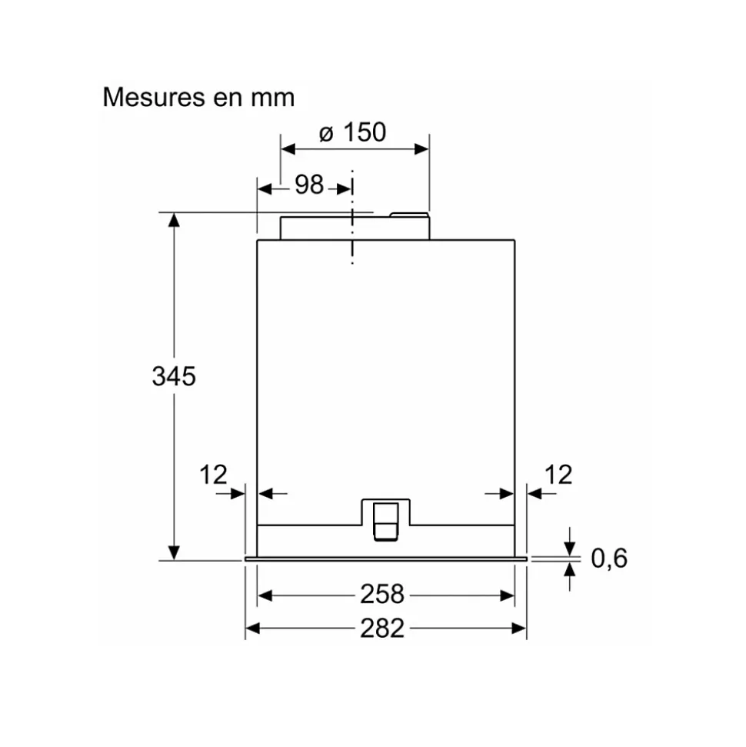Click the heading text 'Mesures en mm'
198,98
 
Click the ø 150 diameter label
353,133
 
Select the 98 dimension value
308,185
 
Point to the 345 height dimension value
174,377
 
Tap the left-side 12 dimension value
214,475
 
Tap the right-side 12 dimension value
559,475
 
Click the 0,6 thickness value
609,559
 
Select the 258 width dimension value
382,594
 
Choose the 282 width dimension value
382,629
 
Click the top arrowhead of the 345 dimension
175,220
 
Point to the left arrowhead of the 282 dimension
253,629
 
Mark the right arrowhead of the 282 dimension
519,629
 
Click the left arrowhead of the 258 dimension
265,595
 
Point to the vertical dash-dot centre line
352,231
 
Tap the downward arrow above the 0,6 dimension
570,545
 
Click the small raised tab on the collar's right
409,216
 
